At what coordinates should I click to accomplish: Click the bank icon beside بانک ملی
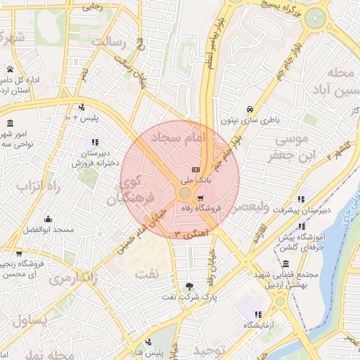coord(195,170)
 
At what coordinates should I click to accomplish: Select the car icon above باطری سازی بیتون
coord(250,109)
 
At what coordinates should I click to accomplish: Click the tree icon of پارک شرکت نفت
coord(188,286)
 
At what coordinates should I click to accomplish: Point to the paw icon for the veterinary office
coord(11,69)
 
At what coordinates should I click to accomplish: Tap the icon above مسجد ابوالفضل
coord(48,219)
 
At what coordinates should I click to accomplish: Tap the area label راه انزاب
coord(30,187)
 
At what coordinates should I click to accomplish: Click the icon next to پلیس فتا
coord(138,351)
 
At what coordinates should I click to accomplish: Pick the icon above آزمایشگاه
coord(258,314)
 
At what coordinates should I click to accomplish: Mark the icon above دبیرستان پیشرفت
coord(301,199)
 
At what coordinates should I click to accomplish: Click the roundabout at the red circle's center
coord(184,192)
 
